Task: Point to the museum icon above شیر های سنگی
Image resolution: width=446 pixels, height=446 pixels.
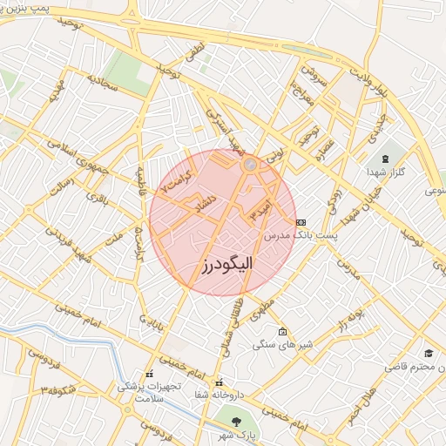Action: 280,332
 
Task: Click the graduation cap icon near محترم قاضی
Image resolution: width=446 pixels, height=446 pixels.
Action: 429,354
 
